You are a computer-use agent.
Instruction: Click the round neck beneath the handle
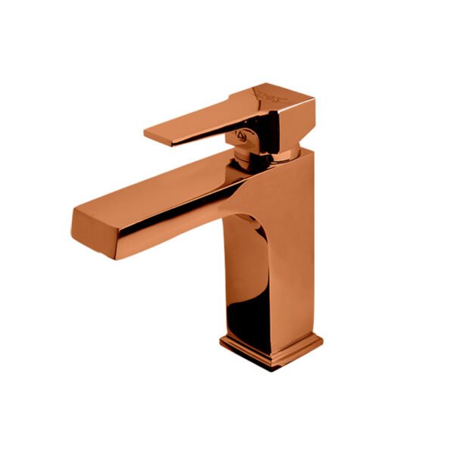[x=250, y=156]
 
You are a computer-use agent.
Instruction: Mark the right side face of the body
[x=299, y=250]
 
